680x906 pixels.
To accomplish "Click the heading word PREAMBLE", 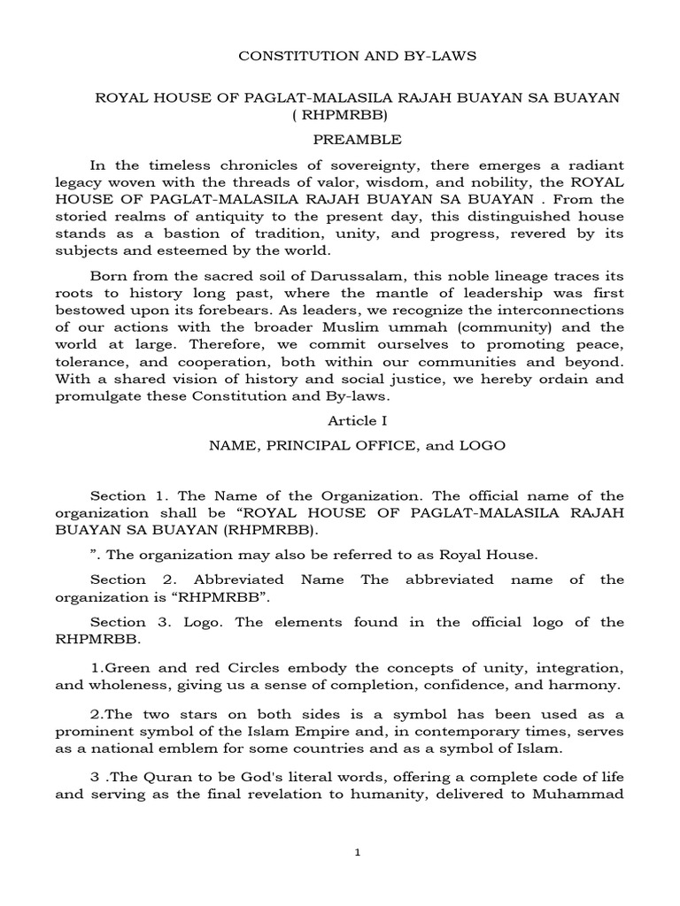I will (359, 140).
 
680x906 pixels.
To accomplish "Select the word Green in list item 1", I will (127, 664).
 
